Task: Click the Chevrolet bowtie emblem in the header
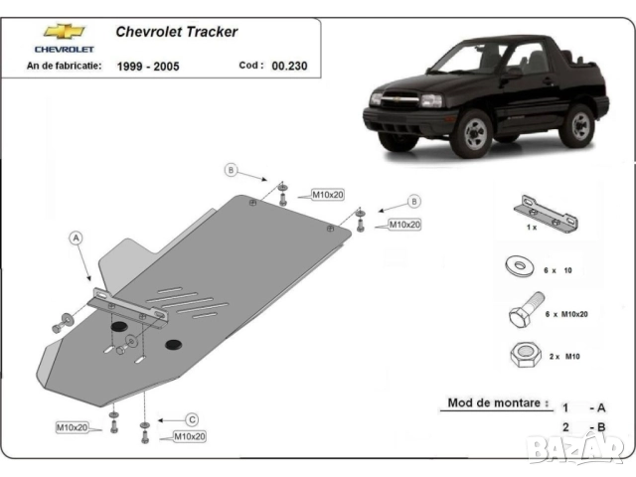64,32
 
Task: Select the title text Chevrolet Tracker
177,32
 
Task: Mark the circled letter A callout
77,238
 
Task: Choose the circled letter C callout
193,418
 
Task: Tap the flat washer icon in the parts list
519,267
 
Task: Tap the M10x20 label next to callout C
189,436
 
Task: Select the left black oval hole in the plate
118,329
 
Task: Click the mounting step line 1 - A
584,407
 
